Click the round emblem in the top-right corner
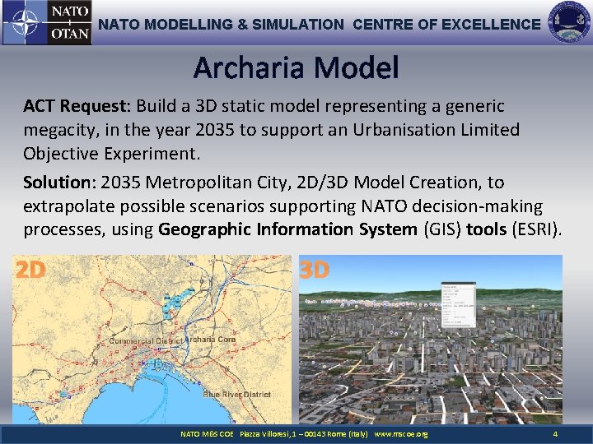569,22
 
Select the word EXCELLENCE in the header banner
491,25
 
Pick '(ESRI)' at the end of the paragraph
536,229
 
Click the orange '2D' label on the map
30,270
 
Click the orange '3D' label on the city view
314,270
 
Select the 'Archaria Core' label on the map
210,339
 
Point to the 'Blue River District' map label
236,395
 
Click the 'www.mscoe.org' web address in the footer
401,434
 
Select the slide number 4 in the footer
555,434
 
